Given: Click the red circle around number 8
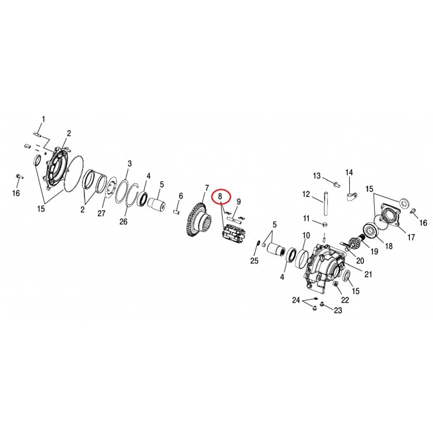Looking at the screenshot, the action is coord(221,190).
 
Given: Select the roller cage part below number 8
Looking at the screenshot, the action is coord(233,232).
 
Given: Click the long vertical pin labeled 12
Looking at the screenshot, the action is coord(325,204).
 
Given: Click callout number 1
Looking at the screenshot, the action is coord(43,120).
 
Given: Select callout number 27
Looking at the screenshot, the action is coord(102,213).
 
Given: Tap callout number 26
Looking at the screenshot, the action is coord(124,222).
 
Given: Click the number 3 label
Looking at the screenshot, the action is coord(129,164).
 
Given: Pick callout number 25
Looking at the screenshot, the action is coord(254,260).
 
